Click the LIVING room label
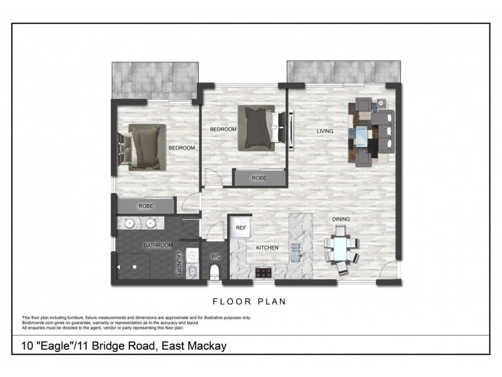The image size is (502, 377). pos(324,131)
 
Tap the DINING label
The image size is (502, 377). pos(341,219)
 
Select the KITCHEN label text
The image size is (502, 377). pos(267,248)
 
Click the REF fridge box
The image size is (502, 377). pos(240,228)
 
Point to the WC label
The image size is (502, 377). pos(215,257)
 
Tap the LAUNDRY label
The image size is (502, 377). pos(179,264)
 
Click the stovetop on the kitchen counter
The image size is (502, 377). pos(263,273)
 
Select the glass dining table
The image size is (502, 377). pos(341,251)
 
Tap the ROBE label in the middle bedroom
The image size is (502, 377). pos(259,178)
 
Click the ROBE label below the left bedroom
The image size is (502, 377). pos(146,205)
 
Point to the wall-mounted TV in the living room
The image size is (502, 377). pos(292,130)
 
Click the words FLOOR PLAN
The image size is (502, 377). pos(250,302)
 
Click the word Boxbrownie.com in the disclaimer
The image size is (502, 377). pos(38,323)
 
